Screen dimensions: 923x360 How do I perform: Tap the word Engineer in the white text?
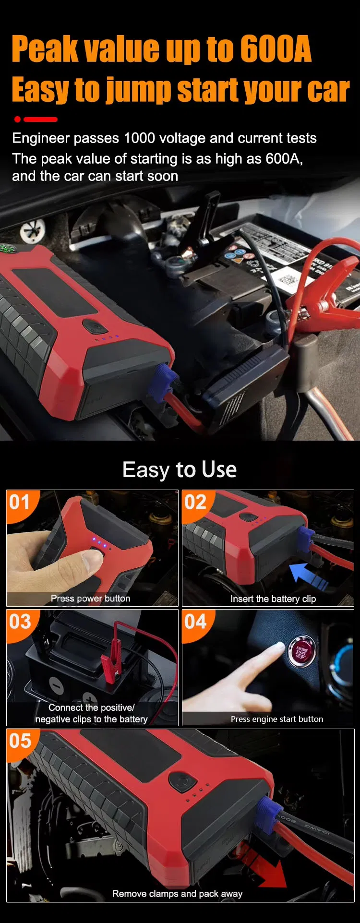pos(40,138)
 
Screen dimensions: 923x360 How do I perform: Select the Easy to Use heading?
pos(180,469)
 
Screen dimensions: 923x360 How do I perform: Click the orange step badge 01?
pos(20,503)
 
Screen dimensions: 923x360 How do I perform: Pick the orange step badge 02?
pos(195,503)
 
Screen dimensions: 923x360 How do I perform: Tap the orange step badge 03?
pos(20,622)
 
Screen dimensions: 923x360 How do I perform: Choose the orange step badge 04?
pos(195,622)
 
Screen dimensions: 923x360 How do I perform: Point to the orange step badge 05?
pos(20,741)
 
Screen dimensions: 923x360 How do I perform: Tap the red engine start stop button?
pos(301,651)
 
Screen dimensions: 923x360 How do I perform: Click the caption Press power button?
pos(90,599)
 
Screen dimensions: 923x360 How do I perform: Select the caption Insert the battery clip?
pos(273,599)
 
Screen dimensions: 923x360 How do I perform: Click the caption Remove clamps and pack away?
pos(177,894)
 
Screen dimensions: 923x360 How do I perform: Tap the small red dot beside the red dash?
pos(18,119)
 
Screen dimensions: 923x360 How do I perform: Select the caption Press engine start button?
pos(276,719)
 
